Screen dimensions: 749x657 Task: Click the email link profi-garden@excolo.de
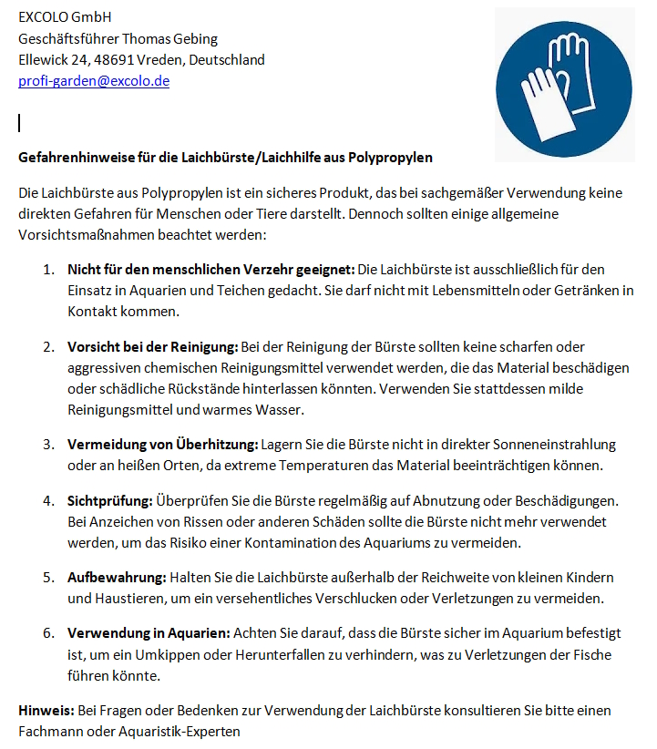(94, 81)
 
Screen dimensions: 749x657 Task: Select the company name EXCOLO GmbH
(65, 17)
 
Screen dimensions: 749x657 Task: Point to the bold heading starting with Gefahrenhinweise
(225, 158)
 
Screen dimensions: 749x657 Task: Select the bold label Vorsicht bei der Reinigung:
(152, 347)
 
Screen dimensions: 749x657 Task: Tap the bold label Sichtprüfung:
(110, 501)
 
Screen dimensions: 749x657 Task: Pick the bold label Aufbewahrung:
(117, 578)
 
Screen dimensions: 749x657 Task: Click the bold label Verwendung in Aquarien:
(149, 632)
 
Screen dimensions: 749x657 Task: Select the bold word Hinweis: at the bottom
(44, 710)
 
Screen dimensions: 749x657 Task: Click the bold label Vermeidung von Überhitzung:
(162, 445)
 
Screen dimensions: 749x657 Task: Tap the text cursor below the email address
(19, 123)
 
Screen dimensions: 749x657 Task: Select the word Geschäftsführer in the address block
(70, 39)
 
